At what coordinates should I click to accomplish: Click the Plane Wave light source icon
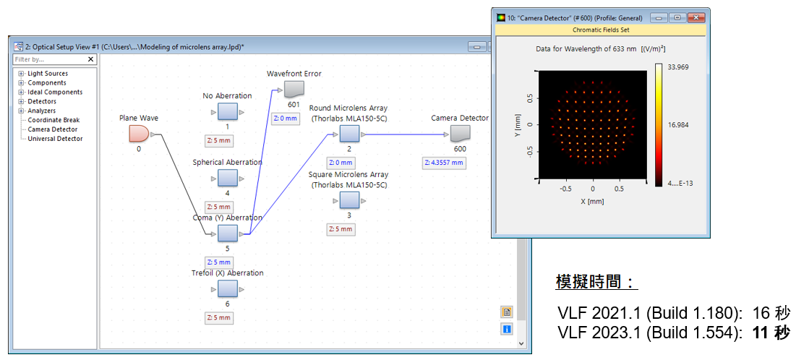tap(139, 134)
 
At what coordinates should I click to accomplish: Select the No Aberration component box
tap(228, 112)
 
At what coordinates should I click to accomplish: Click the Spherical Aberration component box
tap(228, 179)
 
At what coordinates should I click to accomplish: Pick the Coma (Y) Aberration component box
tap(228, 234)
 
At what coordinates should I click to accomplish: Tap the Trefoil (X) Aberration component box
tap(228, 289)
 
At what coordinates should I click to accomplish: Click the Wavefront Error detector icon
tap(292, 90)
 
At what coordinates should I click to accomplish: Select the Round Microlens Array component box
tap(349, 134)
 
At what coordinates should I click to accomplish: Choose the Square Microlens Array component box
tap(349, 201)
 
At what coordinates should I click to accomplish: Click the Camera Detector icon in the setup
tap(460, 134)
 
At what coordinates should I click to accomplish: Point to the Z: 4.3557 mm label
tap(444, 163)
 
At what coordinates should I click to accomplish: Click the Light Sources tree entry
tap(48, 74)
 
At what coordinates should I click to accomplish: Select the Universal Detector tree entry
tap(56, 139)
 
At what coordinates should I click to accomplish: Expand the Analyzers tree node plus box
tap(21, 111)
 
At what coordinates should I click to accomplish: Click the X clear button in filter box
tap(91, 59)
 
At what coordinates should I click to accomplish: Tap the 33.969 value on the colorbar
tap(678, 67)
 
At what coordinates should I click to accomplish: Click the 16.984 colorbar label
tap(678, 125)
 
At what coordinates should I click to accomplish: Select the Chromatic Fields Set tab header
tap(601, 30)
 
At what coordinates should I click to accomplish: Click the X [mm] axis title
tap(593, 201)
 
